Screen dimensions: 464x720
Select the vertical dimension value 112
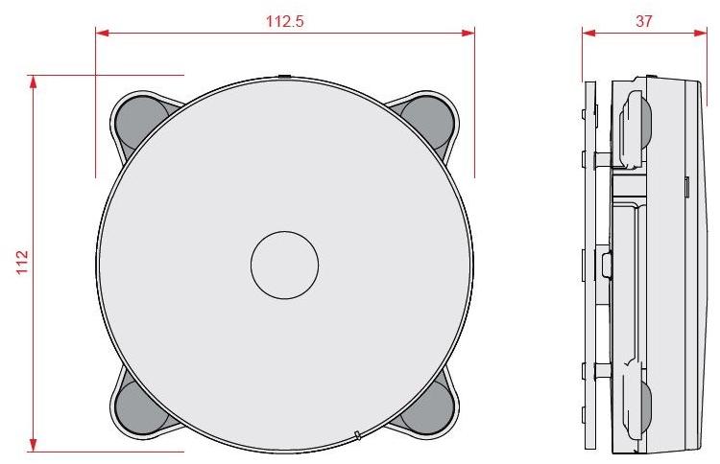coord(22,260)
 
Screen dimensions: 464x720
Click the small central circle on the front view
coord(284,264)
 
